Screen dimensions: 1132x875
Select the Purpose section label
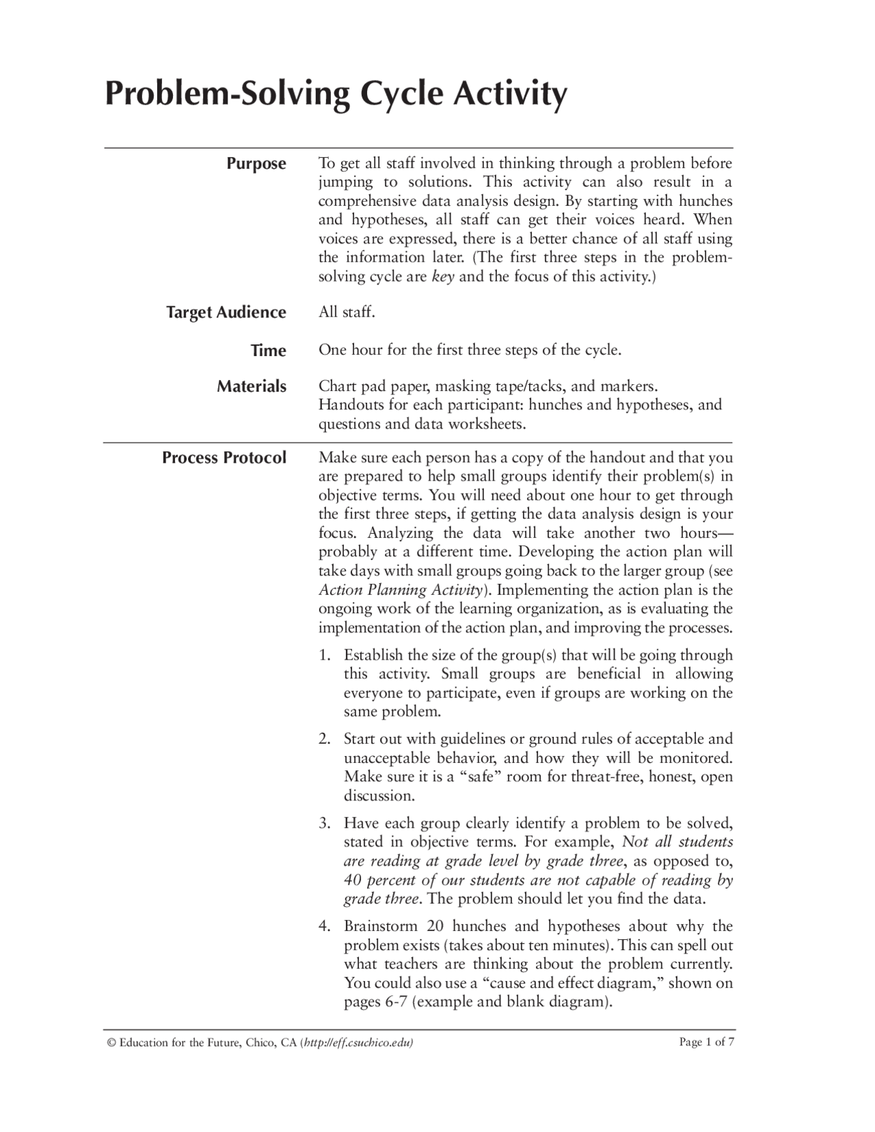click(256, 164)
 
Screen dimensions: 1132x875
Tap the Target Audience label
click(226, 312)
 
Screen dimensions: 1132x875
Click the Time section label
click(268, 351)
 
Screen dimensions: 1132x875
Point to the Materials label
click(252, 387)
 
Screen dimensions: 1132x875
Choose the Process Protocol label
click(224, 458)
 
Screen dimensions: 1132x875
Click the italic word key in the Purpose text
click(443, 277)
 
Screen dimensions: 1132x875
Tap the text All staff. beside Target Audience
click(347, 312)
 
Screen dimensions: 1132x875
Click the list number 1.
click(324, 655)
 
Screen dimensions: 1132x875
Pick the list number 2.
click(324, 739)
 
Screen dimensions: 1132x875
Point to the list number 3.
click(324, 823)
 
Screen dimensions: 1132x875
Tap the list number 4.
click(324, 926)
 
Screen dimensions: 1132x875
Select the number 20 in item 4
click(435, 926)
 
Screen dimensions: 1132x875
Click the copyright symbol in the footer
click(109, 1042)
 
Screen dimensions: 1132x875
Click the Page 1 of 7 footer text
click(706, 1042)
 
